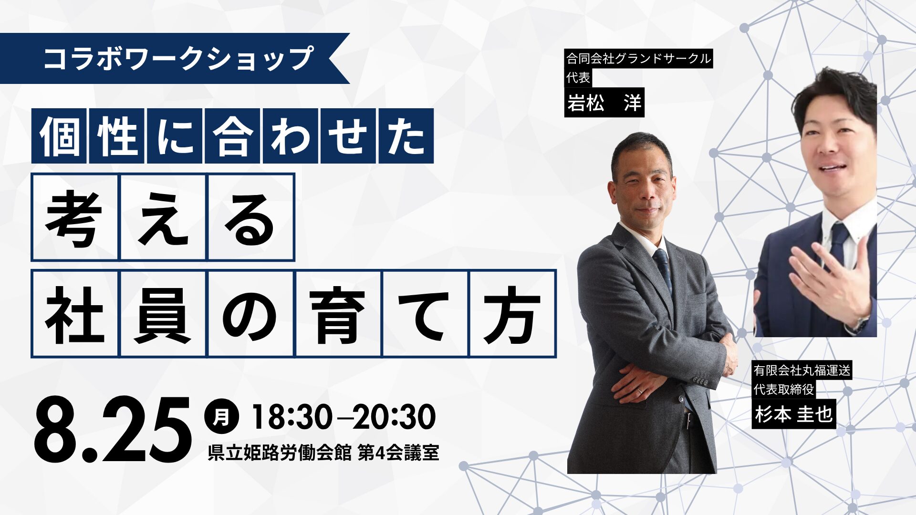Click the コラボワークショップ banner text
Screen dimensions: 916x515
pos(178,58)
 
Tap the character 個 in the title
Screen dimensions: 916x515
pos(60,136)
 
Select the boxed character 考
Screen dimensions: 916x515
pos(74,217)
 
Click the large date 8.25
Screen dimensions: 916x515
pos(113,429)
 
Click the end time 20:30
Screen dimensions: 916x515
pos(394,417)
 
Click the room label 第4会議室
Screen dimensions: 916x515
pos(398,453)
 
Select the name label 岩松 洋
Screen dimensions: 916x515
pos(604,102)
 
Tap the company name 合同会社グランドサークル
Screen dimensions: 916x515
pos(638,59)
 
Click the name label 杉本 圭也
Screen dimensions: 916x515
pos(793,414)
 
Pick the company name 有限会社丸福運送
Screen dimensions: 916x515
pos(801,370)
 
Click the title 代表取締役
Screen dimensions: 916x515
pos(783,389)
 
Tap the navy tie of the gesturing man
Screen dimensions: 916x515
pos(838,243)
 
